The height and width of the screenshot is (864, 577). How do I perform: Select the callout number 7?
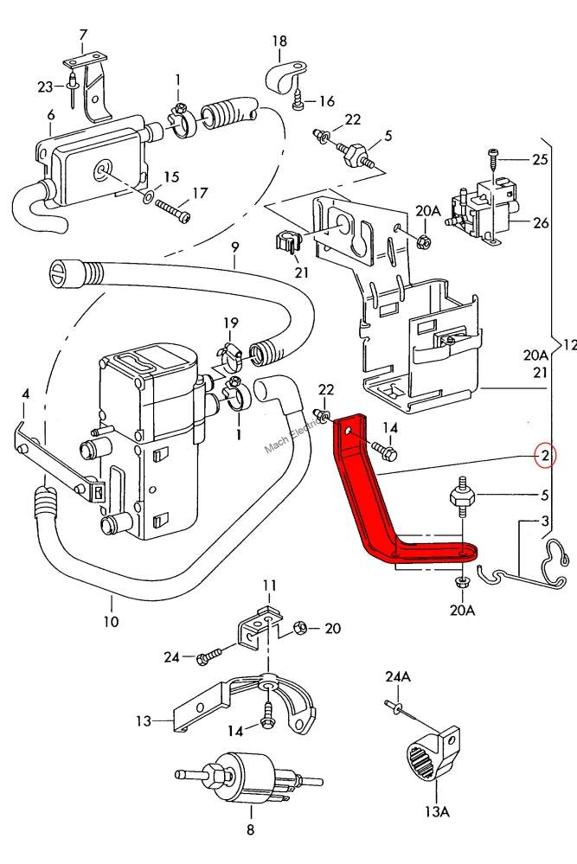(83, 35)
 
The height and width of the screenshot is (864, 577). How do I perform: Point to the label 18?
(279, 41)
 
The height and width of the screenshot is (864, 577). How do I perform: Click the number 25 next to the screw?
(540, 159)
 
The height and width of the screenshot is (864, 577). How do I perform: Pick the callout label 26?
(541, 222)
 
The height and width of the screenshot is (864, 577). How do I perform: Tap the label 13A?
(437, 811)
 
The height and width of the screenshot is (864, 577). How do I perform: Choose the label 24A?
(398, 676)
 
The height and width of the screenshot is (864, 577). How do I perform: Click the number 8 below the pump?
(251, 829)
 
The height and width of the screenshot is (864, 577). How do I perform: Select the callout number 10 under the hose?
(111, 622)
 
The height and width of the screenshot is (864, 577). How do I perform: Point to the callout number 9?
(235, 247)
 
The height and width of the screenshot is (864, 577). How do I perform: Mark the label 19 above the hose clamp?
(231, 323)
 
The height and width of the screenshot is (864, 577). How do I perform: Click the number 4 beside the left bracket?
(25, 394)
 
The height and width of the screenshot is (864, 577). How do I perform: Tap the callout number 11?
(270, 586)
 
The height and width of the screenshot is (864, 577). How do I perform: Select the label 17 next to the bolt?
(200, 193)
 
